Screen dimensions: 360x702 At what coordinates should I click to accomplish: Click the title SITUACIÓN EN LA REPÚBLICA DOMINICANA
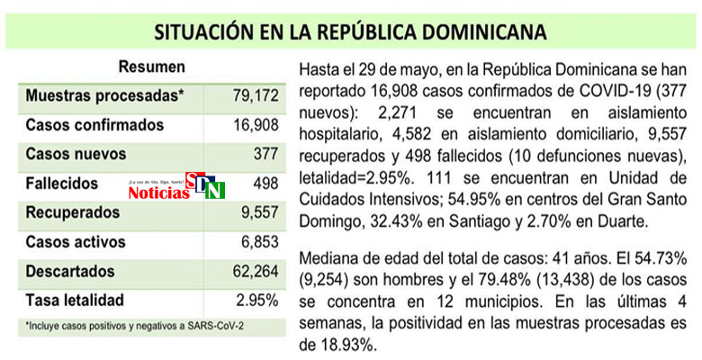(350, 32)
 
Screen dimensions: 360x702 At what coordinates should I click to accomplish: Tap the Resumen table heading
(151, 67)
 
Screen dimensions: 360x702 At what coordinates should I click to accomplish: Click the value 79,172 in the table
(255, 95)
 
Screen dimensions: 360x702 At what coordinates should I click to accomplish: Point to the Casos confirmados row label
(94, 125)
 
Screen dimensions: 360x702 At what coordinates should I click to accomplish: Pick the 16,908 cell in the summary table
(255, 125)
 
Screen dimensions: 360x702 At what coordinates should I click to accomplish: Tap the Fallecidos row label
(62, 183)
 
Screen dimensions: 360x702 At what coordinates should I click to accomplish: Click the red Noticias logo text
(158, 193)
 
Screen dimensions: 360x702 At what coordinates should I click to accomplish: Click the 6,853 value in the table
(258, 242)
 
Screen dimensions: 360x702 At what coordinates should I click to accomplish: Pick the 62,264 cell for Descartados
(255, 271)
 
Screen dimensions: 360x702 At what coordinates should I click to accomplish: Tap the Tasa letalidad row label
(75, 300)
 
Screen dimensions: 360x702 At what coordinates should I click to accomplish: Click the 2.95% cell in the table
(257, 300)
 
